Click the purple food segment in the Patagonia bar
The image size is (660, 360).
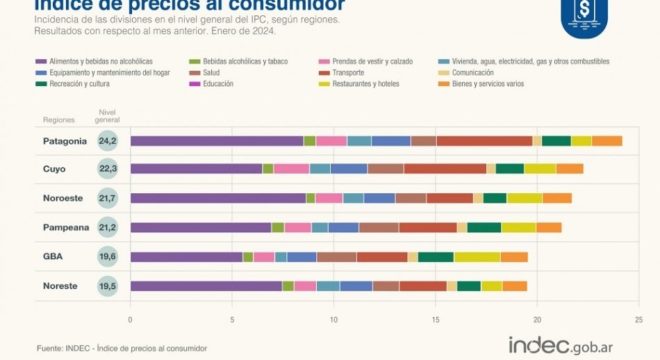point(217,141)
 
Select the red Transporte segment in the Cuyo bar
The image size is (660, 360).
point(445,168)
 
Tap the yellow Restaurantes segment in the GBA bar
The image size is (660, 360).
point(477,257)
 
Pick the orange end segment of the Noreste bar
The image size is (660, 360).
point(514,286)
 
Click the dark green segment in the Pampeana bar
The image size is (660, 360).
point(484,227)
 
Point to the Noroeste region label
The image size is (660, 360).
point(63,198)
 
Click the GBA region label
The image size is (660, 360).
point(52,256)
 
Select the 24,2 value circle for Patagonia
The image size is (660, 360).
point(108,141)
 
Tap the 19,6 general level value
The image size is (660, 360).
point(108,256)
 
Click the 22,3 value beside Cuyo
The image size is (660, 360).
point(108,169)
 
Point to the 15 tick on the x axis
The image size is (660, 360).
point(436,320)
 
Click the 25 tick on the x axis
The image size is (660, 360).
point(638,320)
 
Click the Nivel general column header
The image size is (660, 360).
point(108,115)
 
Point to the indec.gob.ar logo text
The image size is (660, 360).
point(561,345)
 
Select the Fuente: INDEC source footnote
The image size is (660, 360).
point(122,348)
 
